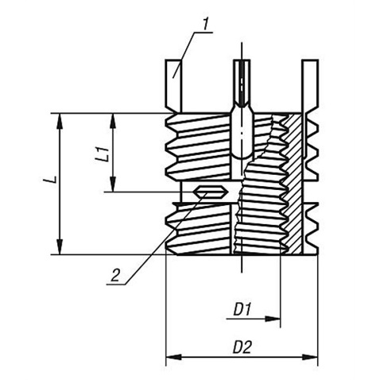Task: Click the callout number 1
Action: [206, 24]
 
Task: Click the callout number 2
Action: [116, 275]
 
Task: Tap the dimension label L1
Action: [103, 153]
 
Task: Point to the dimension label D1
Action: [242, 309]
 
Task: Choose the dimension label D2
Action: [242, 347]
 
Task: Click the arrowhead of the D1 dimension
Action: [273, 319]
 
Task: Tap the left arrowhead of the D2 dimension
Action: [173, 357]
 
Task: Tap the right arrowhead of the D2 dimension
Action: [310, 357]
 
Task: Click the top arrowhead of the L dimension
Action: [60, 122]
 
